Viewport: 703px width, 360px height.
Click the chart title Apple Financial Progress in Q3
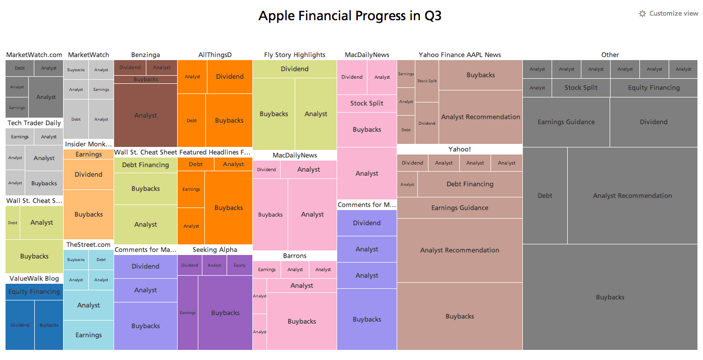pyautogui.click(x=350, y=16)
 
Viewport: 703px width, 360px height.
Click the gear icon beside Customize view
pyautogui.click(x=642, y=14)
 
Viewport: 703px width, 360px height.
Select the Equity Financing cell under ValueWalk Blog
pyautogui.click(x=34, y=291)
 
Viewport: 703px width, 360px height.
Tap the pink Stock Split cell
pyautogui.click(x=366, y=104)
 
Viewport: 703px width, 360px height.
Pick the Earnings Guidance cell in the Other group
pyautogui.click(x=566, y=122)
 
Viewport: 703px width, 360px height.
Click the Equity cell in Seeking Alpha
pyautogui.click(x=239, y=265)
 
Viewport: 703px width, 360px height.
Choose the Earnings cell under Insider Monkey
pyautogui.click(x=88, y=154)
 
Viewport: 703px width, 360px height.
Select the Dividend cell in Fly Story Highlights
pyautogui.click(x=295, y=69)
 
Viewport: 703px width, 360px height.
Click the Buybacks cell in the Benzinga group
pyautogui.click(x=146, y=79)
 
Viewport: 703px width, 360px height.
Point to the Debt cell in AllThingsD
pyautogui.click(x=191, y=121)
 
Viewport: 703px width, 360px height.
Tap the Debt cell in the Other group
pyautogui.click(x=545, y=195)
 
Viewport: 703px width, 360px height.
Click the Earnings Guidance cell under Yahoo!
pyautogui.click(x=459, y=208)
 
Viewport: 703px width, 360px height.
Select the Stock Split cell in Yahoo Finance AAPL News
pyautogui.click(x=427, y=81)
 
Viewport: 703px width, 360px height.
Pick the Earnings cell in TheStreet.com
pyautogui.click(x=88, y=335)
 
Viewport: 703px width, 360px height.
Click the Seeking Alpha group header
pyautogui.click(x=214, y=250)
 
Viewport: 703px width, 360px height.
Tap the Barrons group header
pyautogui.click(x=295, y=256)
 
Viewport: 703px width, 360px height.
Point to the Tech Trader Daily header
pyautogui.click(x=34, y=123)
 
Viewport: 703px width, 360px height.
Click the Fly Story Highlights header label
pyautogui.click(x=295, y=55)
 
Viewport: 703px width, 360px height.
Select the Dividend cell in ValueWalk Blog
pyautogui.click(x=20, y=325)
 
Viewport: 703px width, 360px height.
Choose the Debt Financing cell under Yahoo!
pyautogui.click(x=470, y=184)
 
